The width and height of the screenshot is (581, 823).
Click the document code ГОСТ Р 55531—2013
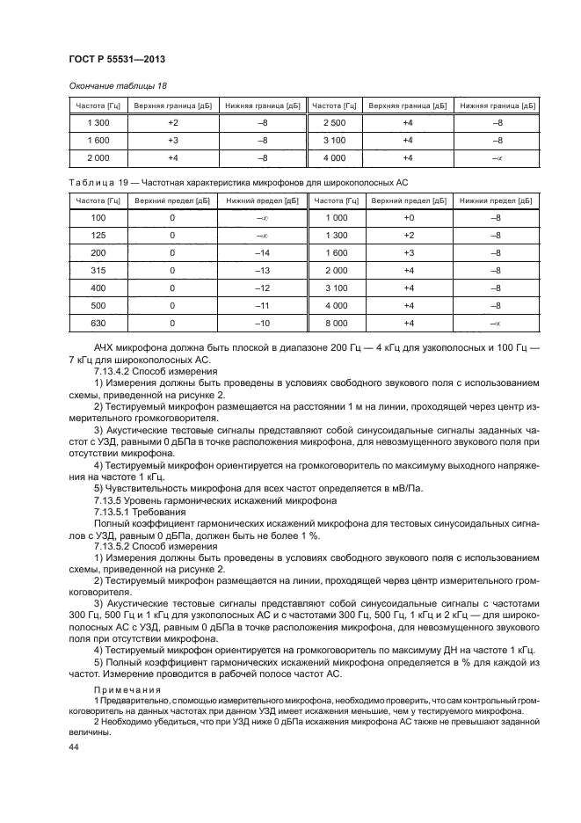coord(117,59)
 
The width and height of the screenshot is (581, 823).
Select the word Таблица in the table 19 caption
coord(91,182)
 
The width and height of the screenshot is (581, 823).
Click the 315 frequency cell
coord(98,271)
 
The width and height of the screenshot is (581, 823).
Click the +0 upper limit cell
coord(407,217)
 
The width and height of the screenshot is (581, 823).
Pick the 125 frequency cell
coord(98,235)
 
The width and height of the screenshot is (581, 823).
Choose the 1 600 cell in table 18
coord(98,140)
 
